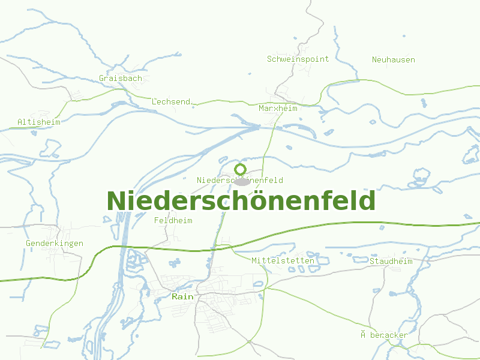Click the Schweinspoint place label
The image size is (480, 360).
coord(298,59)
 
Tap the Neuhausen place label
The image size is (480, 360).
coord(393,59)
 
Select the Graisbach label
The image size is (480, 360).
coord(121,78)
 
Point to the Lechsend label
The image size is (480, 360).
coord(171,101)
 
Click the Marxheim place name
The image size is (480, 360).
coord(278,108)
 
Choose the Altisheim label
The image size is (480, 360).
coord(39,122)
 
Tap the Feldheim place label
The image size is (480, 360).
coord(173,220)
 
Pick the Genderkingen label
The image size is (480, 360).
coord(54,243)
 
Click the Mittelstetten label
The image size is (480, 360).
coord(283,260)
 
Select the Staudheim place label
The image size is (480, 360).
coord(391,261)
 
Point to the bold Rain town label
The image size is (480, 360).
coord(182,296)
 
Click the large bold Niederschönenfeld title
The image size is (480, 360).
coord(241,201)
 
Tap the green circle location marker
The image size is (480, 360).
coord(241,169)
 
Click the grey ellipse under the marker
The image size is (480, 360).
coord(241,181)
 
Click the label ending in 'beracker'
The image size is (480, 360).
coord(384,335)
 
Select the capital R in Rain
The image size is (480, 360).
coord(175,296)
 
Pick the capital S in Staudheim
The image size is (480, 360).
coord(372,261)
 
